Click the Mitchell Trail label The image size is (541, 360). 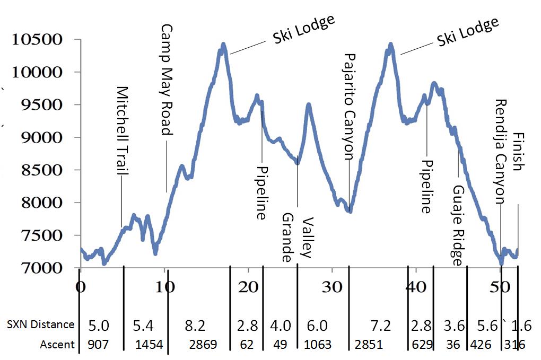click(x=123, y=131)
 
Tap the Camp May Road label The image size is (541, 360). click(x=167, y=80)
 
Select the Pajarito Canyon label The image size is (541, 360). click(x=349, y=107)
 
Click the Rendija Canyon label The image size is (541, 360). click(x=500, y=152)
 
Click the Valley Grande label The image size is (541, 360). click(x=296, y=238)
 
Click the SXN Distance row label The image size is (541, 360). click(x=40, y=324)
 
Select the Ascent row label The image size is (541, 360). click(x=57, y=345)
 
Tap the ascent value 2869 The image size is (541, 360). click(x=203, y=345)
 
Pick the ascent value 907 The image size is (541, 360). click(x=98, y=345)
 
